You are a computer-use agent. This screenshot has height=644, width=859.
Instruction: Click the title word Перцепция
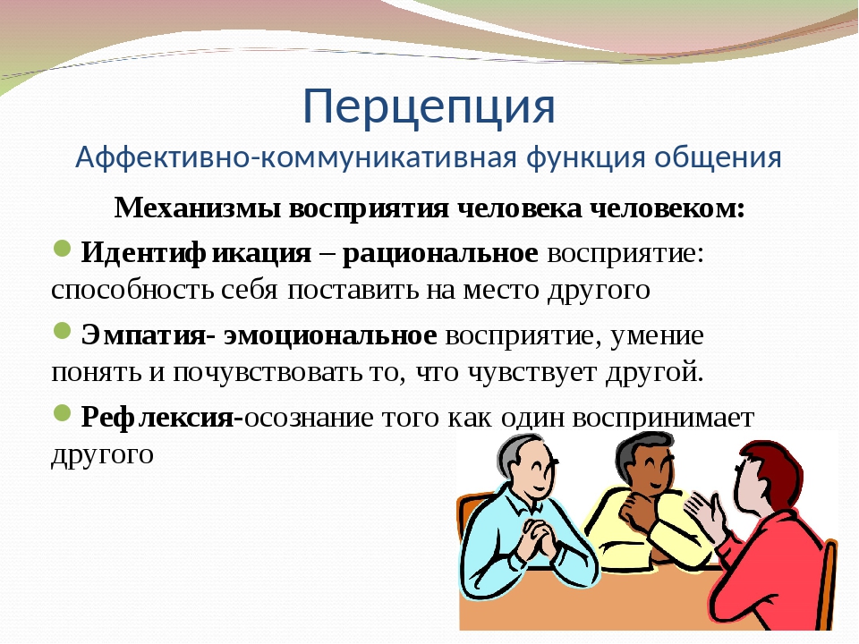429,106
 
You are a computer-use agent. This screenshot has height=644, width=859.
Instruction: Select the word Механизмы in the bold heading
198,208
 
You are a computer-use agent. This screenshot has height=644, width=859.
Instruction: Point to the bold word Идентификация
196,253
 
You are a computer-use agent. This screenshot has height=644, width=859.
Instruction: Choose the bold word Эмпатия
143,335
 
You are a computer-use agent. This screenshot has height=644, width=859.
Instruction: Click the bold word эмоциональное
330,335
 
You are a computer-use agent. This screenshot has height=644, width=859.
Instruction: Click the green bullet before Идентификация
62,249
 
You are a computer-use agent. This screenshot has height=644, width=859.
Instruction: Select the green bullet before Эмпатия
62,331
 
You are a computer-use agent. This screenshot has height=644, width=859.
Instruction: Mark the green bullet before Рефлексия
62,413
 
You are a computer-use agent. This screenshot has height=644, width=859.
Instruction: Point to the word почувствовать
268,373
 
